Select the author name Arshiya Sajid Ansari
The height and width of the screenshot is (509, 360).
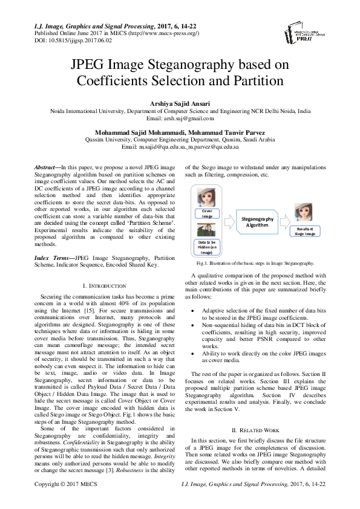point(180,104)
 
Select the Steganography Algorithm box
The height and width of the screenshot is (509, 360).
point(257,222)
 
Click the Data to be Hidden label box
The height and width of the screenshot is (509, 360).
point(207,249)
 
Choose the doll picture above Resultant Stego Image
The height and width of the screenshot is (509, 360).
point(303,214)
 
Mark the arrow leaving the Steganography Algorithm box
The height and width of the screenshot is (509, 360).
point(286,223)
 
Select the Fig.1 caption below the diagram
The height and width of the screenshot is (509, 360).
point(255,264)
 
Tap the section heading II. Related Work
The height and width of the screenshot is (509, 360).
point(255,412)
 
